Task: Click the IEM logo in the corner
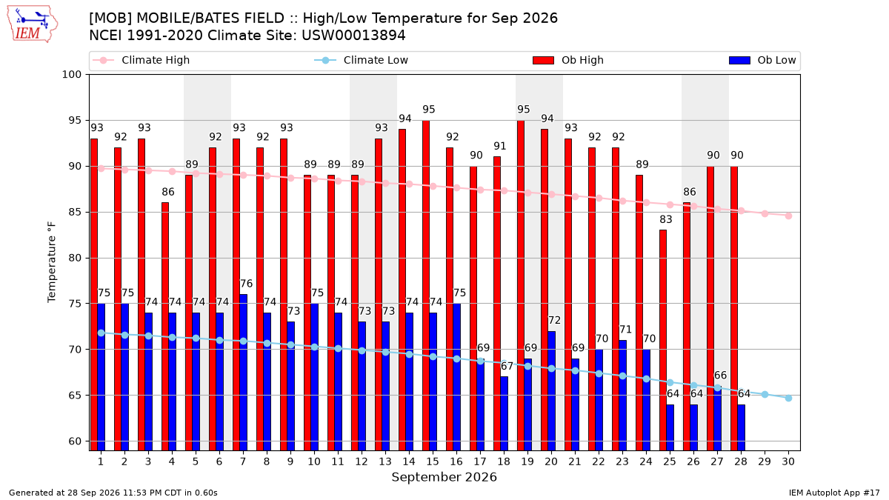click(x=32, y=24)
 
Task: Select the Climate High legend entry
click(x=141, y=60)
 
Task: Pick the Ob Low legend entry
click(x=762, y=60)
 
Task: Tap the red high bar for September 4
click(x=165, y=327)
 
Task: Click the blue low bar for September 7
click(x=243, y=373)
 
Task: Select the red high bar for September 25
click(x=663, y=341)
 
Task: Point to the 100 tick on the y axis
click(x=71, y=75)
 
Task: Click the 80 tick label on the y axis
click(x=75, y=258)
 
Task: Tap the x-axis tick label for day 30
click(x=788, y=461)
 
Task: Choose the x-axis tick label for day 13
click(x=385, y=461)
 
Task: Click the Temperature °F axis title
click(x=52, y=262)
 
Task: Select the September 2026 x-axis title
click(x=444, y=477)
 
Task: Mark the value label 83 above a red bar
click(x=666, y=219)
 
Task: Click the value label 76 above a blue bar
click(x=247, y=284)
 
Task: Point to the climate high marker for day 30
click(x=788, y=216)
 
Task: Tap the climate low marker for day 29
click(x=765, y=394)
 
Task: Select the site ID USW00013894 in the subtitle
click(x=353, y=36)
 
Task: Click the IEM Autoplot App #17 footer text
click(x=834, y=493)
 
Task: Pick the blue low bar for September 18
click(x=504, y=414)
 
